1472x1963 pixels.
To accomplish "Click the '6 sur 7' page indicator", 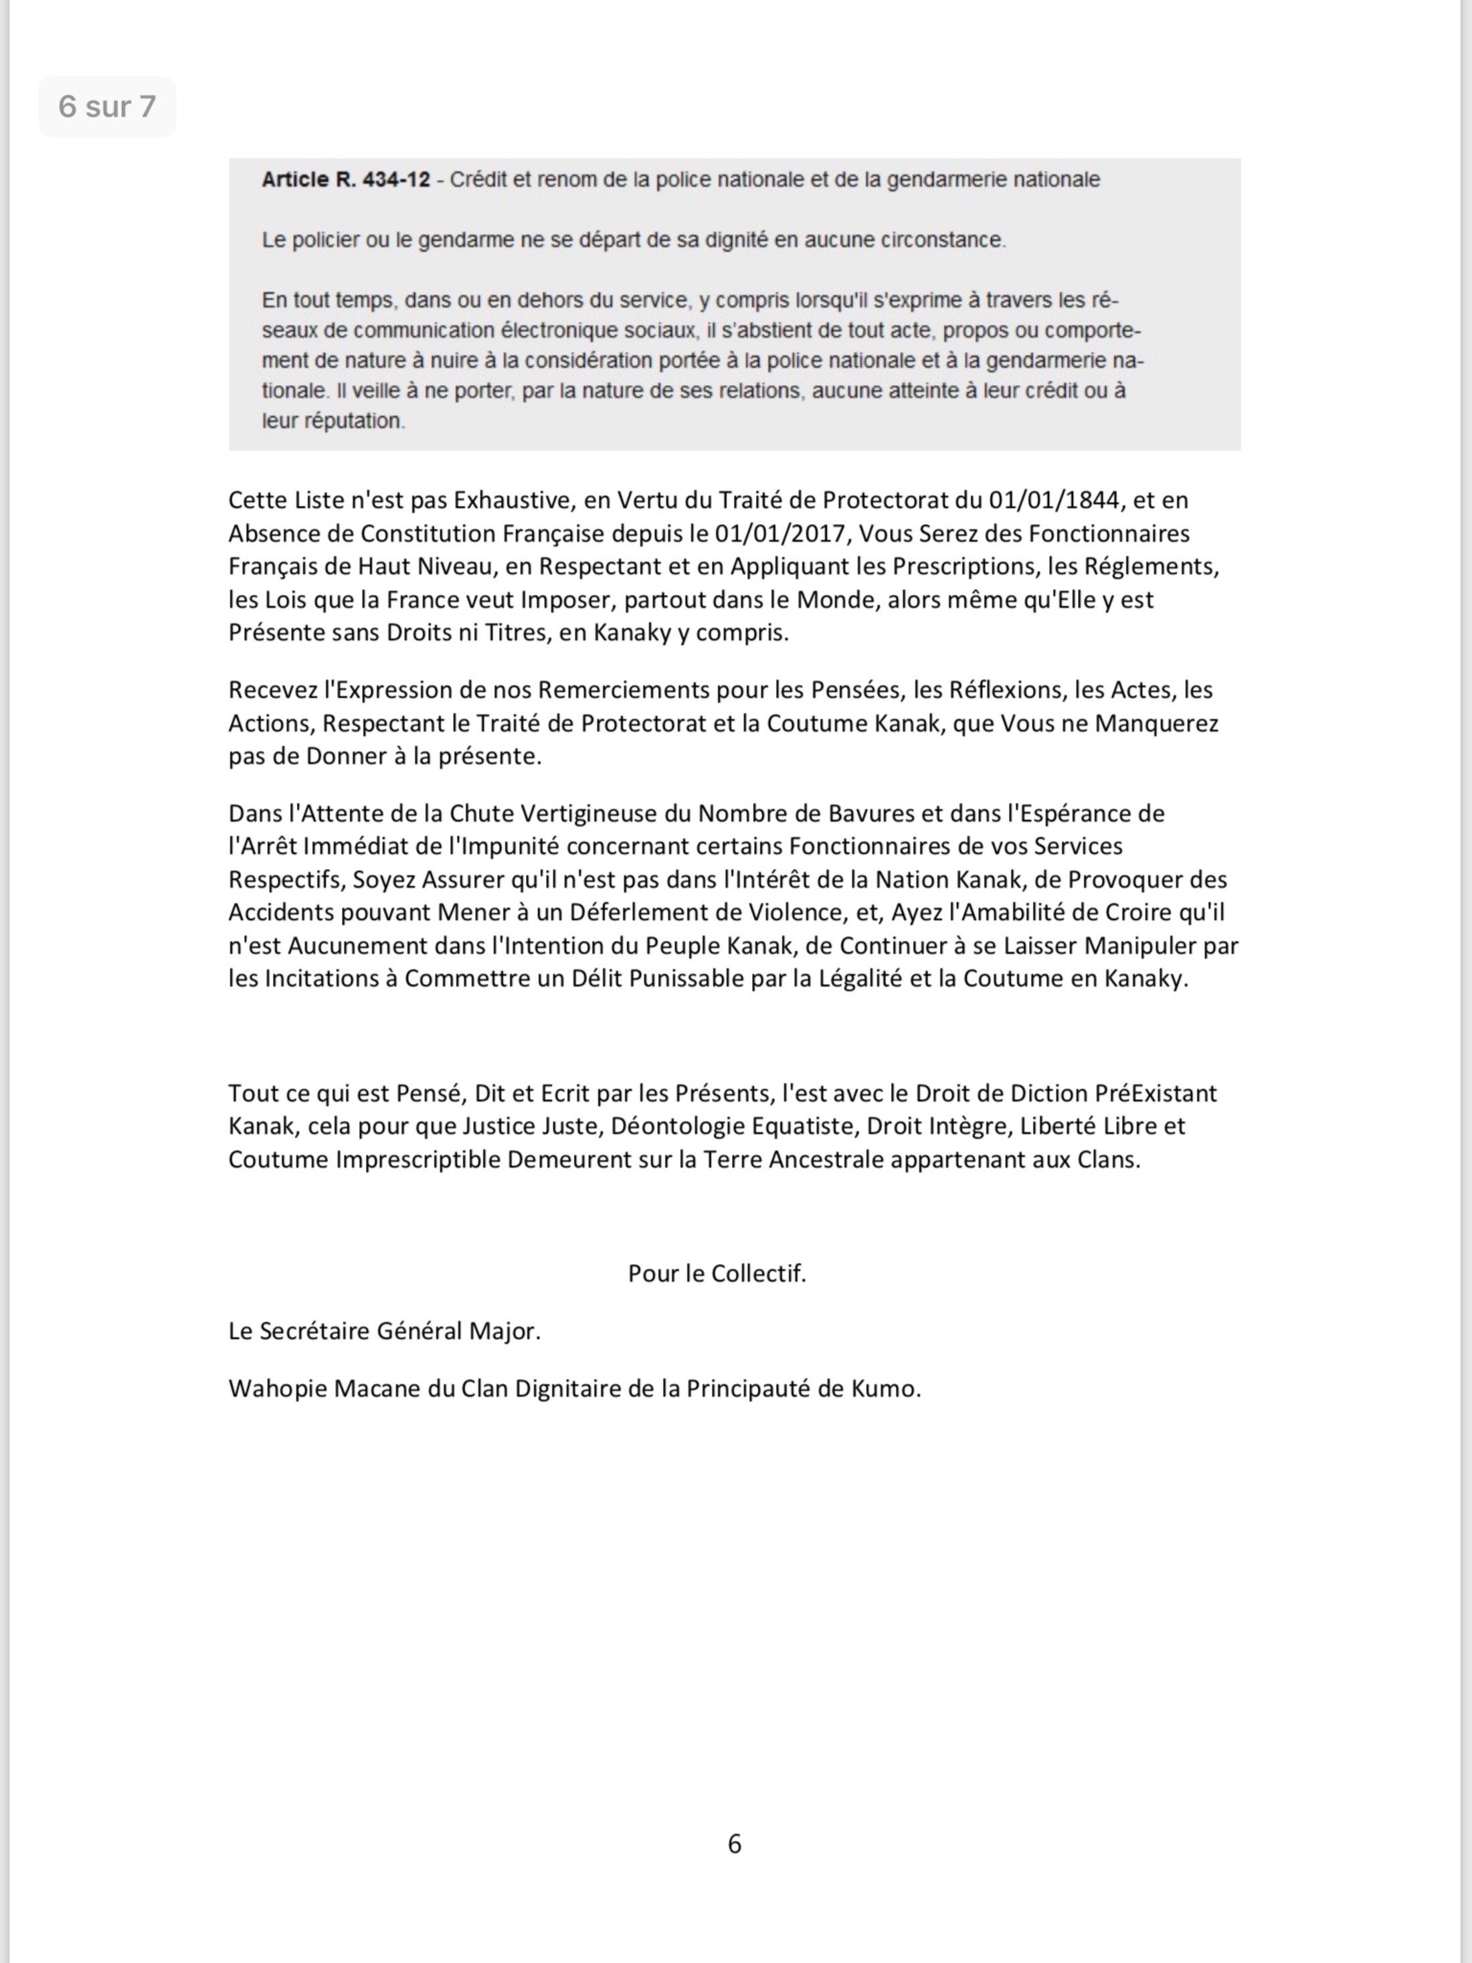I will [x=106, y=106].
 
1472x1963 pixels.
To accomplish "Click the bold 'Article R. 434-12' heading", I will [x=345, y=180].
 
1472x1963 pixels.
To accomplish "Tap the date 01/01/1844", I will [x=1053, y=501].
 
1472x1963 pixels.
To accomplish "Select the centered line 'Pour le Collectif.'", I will [x=717, y=1274].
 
